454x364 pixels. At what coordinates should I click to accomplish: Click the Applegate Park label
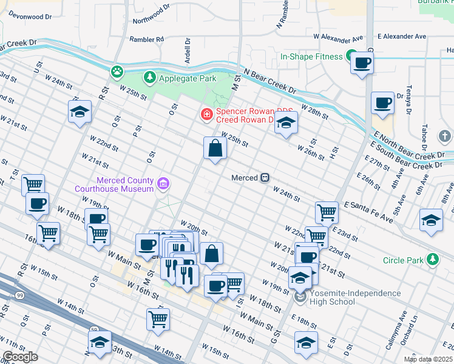coord(179,78)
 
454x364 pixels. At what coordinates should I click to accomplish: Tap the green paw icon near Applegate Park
coord(117,72)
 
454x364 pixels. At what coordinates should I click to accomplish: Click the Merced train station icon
coord(265,178)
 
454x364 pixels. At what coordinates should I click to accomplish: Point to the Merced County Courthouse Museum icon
coord(163,183)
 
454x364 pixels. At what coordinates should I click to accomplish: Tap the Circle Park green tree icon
coord(433,260)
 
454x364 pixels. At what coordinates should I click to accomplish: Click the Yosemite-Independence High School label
coord(355,297)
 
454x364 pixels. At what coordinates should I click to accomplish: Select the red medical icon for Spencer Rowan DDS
coord(207,113)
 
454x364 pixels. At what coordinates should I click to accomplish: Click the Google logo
coord(19,357)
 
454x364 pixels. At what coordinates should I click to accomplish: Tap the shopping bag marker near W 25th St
coord(215,147)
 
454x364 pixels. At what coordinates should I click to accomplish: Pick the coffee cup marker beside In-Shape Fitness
coord(362,62)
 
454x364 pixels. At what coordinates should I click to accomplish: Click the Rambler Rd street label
coord(147,39)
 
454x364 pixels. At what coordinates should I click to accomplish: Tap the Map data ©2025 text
coord(427,359)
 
